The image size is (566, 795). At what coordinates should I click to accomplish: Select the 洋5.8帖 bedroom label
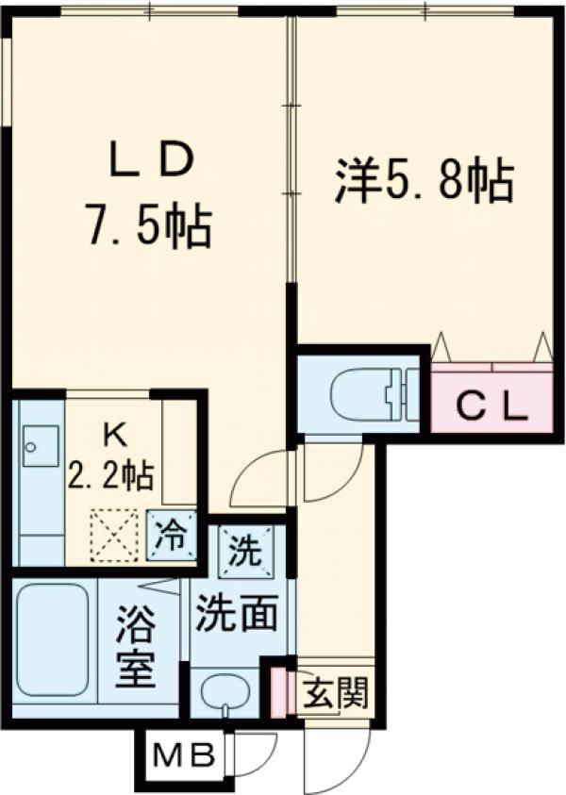(x=424, y=180)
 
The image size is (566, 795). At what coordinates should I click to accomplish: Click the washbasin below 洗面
(x=224, y=694)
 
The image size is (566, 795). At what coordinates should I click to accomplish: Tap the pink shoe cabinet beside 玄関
(x=278, y=690)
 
